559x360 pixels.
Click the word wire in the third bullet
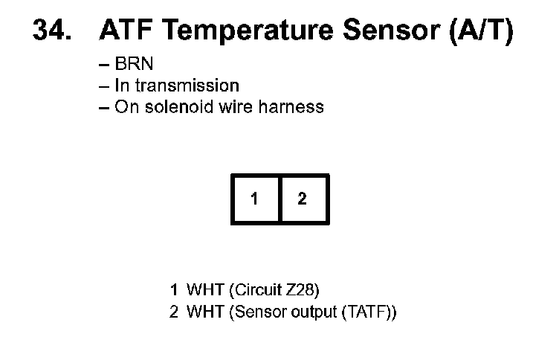(x=238, y=106)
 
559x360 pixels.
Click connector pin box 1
(x=255, y=199)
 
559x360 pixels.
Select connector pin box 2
(x=303, y=199)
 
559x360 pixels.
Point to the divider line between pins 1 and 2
(x=279, y=199)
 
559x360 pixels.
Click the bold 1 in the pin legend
(x=174, y=289)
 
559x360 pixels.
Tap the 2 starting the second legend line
(x=174, y=312)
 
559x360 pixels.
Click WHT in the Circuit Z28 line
(x=202, y=289)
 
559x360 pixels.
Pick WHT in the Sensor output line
(x=202, y=312)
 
